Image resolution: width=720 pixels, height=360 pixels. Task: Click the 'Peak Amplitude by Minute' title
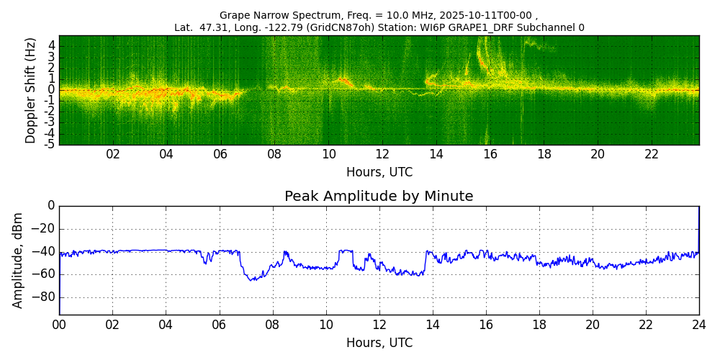[x=379, y=197]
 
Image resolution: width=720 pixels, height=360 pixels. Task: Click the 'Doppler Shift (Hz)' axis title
[x=31, y=90]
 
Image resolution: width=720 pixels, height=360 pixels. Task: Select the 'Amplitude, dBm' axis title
[x=19, y=260]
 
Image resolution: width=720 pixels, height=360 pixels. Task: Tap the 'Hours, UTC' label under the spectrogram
[x=379, y=173]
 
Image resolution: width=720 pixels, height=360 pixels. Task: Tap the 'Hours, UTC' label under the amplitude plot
[x=379, y=343]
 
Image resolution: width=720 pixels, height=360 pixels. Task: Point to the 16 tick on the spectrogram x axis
[x=490, y=154]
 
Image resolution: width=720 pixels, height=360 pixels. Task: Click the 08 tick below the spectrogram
[x=274, y=154]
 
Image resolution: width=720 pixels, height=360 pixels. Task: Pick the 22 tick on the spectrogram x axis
[x=652, y=154]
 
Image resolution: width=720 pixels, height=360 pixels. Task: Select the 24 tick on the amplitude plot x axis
[x=699, y=324]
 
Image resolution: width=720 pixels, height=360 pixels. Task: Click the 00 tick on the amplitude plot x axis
[x=59, y=324]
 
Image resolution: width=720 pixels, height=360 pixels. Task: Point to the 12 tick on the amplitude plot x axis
[x=379, y=324]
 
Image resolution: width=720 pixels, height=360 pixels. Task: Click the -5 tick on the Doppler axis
[x=50, y=145]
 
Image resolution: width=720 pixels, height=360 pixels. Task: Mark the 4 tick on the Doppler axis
[x=52, y=45]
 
